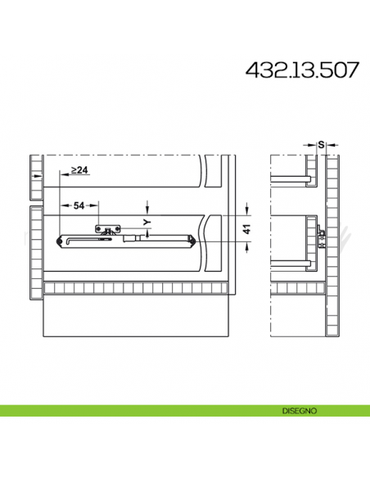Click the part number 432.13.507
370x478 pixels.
302,70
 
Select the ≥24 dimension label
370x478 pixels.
79,170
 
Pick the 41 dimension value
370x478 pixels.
246,229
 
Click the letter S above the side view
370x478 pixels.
321,145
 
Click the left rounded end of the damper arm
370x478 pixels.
59,240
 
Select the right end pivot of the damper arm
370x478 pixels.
191,240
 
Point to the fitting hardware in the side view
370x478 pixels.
323,237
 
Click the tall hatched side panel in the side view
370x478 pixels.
331,246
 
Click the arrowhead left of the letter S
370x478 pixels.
311,146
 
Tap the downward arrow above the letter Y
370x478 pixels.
146,205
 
